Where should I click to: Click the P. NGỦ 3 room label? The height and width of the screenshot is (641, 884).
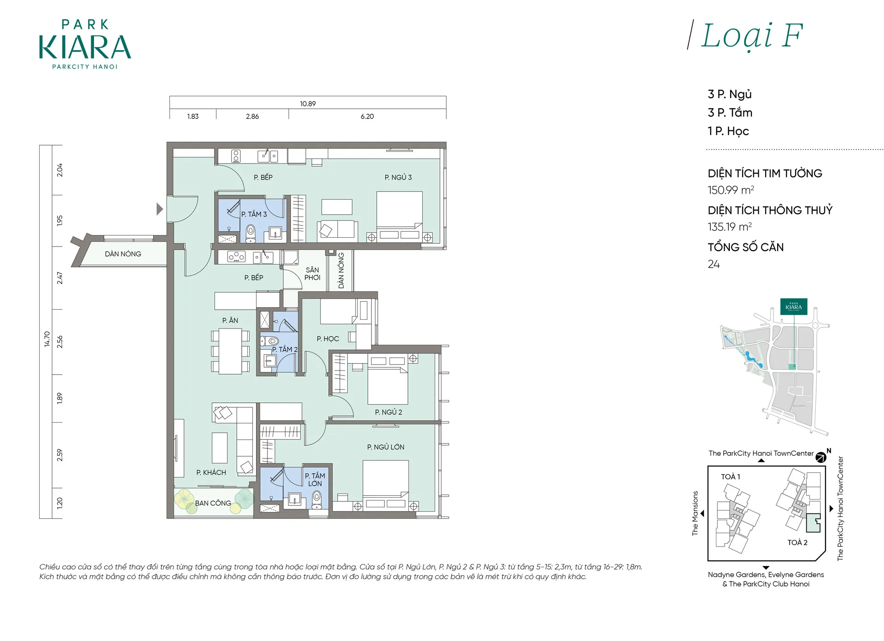pyautogui.click(x=398, y=177)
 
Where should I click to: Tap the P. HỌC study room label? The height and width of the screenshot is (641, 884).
pyautogui.click(x=328, y=339)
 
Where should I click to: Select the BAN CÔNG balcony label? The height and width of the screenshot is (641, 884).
pyautogui.click(x=213, y=503)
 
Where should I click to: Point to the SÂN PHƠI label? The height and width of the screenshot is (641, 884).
pyautogui.click(x=312, y=274)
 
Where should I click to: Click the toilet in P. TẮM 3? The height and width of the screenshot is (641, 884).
pyautogui.click(x=250, y=233)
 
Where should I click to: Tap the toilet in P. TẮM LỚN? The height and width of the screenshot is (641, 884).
pyautogui.click(x=317, y=500)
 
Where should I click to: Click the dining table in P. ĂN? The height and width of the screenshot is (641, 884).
pyautogui.click(x=230, y=351)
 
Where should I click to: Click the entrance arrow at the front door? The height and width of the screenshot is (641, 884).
pyautogui.click(x=160, y=209)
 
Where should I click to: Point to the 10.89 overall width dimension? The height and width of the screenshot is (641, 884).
pyautogui.click(x=308, y=104)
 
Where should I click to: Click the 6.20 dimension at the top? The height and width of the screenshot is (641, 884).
pyautogui.click(x=367, y=117)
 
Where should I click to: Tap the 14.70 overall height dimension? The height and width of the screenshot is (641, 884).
pyautogui.click(x=47, y=339)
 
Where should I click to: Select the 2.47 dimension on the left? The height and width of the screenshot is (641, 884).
pyautogui.click(x=59, y=278)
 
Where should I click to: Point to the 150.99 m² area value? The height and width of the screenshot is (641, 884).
pyautogui.click(x=731, y=190)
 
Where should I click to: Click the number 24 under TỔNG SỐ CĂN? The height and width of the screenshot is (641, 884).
pyautogui.click(x=714, y=264)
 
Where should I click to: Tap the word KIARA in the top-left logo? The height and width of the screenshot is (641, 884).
pyautogui.click(x=85, y=47)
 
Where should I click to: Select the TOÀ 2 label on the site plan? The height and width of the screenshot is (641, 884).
pyautogui.click(x=797, y=542)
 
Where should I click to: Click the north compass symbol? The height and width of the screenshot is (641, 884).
pyautogui.click(x=821, y=457)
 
